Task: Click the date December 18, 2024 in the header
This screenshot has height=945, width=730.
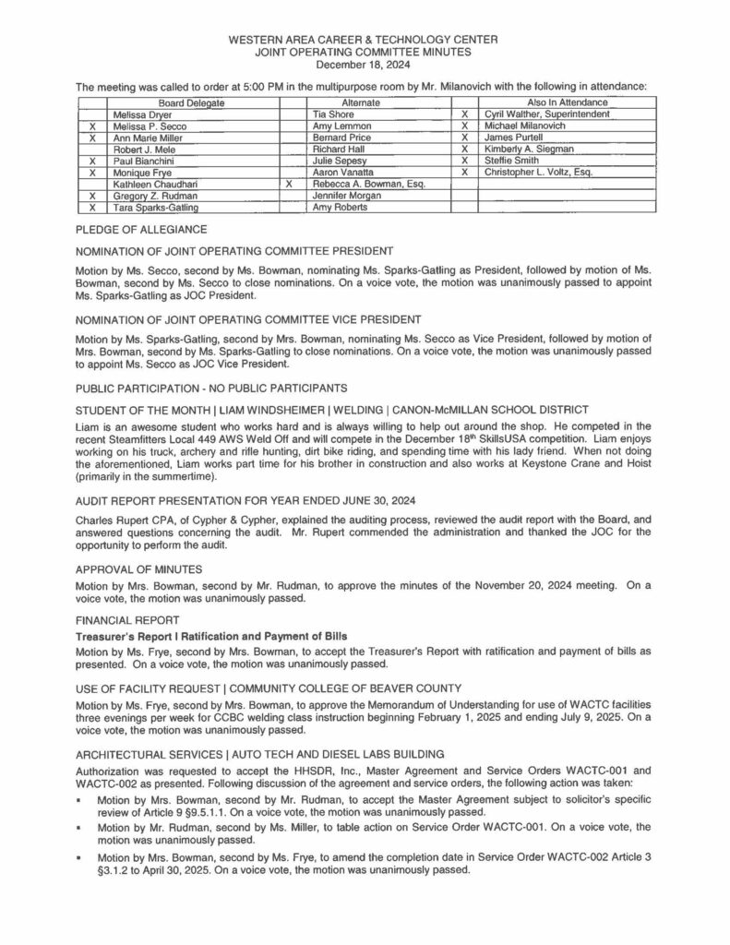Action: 364,65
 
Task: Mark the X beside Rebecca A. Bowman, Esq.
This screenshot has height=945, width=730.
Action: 290,184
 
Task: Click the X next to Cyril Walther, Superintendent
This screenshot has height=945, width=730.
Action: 467,114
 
